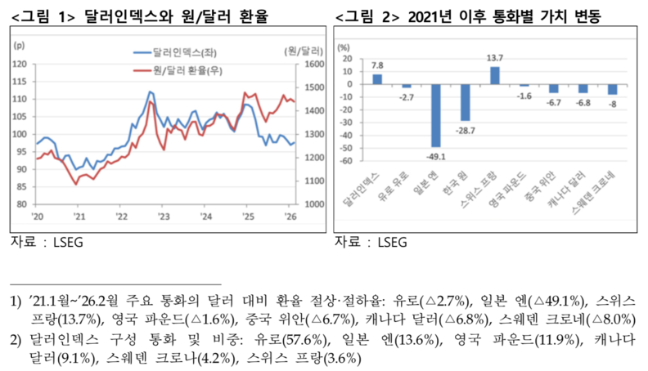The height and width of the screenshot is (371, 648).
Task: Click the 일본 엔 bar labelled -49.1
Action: point(436,115)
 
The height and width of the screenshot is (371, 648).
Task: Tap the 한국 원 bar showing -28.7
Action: point(466,102)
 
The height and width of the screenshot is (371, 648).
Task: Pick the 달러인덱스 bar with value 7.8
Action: point(377,79)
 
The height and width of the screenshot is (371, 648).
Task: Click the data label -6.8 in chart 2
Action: point(583,103)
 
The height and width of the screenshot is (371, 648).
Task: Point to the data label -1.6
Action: point(524,96)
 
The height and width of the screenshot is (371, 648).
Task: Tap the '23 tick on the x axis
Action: point(164,217)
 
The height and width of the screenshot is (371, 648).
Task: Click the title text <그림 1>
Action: point(47,15)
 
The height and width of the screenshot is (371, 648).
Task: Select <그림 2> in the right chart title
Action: point(368,15)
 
